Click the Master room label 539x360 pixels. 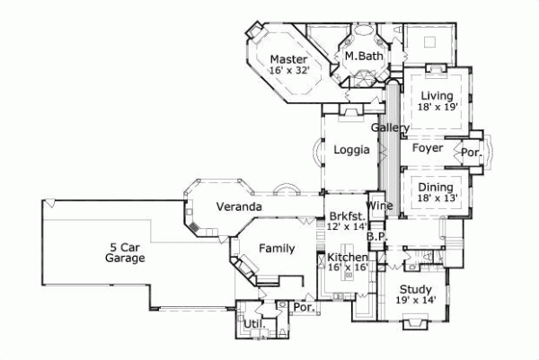point(289,60)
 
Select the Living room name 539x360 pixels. point(437,94)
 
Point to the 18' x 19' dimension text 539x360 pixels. point(437,107)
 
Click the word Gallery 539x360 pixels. point(390,128)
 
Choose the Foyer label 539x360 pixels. point(428,148)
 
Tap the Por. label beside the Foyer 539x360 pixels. point(471,153)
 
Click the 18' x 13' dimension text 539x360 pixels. point(437,198)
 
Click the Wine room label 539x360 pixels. point(377,206)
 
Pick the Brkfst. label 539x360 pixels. point(347,215)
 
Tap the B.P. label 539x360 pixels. point(376,236)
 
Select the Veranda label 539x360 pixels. point(239,207)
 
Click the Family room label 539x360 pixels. point(277,248)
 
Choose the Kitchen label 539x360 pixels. point(347,258)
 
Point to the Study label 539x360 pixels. point(415,289)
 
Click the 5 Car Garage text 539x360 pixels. point(125,251)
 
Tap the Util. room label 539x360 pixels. point(252,323)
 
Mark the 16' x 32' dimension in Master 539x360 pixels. point(289,72)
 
